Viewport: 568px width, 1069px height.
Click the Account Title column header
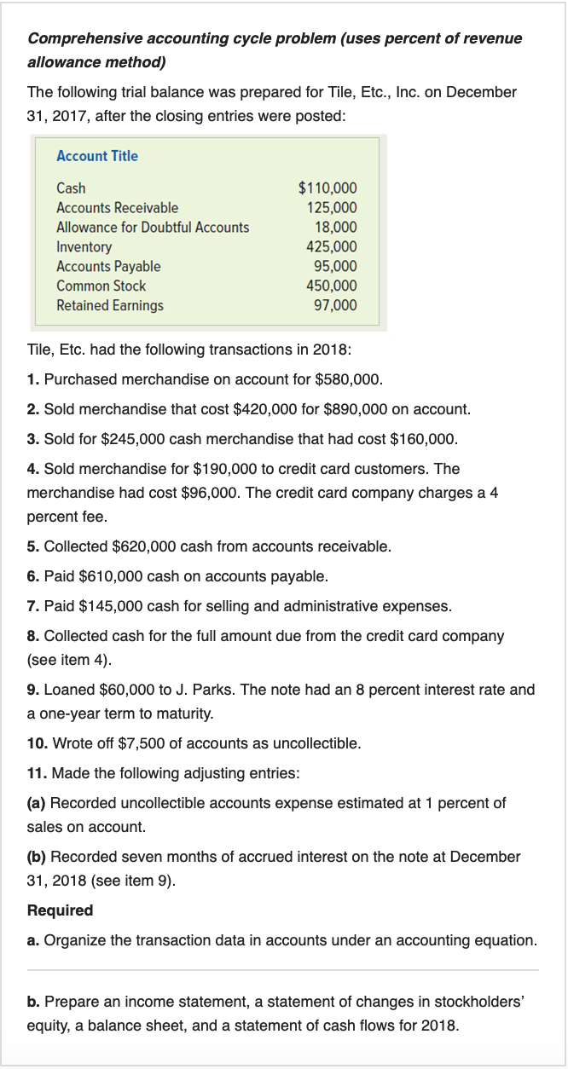point(96,156)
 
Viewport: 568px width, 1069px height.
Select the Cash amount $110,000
point(327,188)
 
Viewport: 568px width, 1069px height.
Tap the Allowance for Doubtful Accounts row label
point(153,228)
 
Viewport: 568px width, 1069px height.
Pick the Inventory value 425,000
point(332,247)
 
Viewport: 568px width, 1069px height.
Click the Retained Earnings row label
point(110,305)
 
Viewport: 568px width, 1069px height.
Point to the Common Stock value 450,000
point(332,286)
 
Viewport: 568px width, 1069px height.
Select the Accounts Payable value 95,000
point(335,267)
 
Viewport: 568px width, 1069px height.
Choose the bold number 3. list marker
point(33,439)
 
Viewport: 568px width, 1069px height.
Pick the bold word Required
point(61,910)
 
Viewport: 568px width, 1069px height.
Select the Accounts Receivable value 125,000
point(332,208)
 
